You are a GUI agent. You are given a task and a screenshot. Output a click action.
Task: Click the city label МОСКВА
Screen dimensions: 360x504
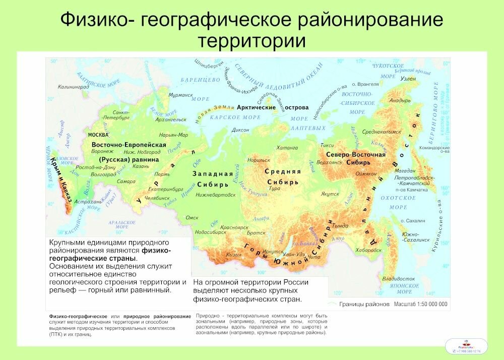(98, 136)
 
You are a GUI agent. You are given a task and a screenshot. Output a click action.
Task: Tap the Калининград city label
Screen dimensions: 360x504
(73, 87)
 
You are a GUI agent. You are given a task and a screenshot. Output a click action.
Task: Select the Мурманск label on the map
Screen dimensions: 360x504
(181, 95)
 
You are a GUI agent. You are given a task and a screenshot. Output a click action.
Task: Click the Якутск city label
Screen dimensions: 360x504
(330, 194)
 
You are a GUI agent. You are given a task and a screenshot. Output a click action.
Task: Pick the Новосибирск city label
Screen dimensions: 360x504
(211, 232)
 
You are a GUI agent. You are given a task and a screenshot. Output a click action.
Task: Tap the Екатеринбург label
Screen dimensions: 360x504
(166, 189)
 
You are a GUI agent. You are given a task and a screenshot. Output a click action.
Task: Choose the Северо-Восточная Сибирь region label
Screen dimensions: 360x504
(355, 158)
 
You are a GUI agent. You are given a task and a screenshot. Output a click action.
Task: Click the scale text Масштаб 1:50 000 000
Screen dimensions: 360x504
(420, 305)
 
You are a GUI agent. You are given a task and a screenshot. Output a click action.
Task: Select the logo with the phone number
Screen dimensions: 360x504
(467, 346)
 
